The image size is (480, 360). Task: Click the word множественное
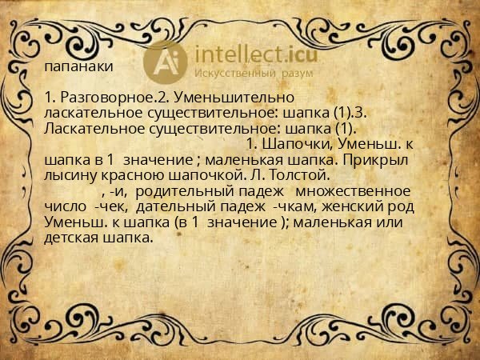point(354,191)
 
